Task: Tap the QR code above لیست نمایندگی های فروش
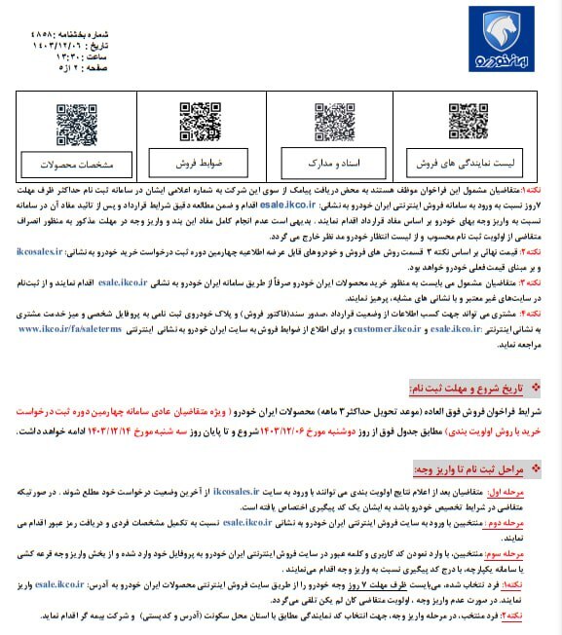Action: (468, 122)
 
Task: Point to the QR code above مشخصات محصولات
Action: (77, 122)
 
